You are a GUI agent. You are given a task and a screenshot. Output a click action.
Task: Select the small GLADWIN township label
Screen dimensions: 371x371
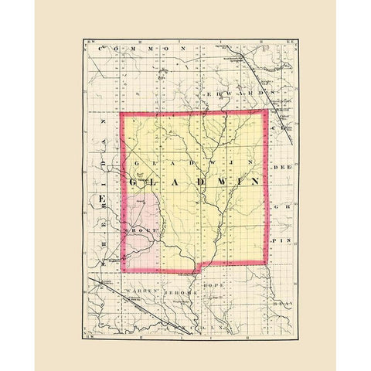tap(193, 165)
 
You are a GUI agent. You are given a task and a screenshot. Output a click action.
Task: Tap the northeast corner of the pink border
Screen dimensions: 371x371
tap(267, 112)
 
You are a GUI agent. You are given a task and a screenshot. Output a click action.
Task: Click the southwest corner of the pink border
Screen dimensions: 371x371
tap(122, 273)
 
